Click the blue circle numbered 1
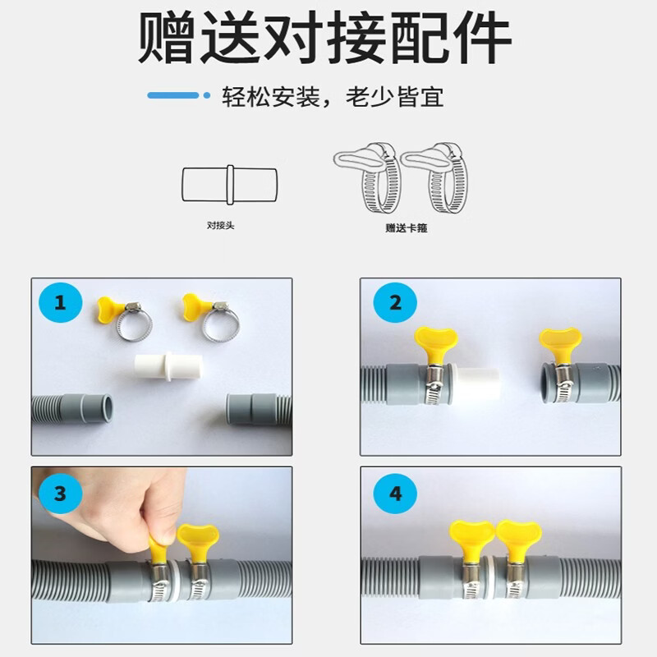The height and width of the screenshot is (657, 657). (x=60, y=302)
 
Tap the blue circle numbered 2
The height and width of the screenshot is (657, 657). (x=395, y=302)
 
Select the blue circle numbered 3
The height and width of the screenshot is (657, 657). (x=60, y=494)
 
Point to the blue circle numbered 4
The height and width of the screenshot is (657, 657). (x=395, y=494)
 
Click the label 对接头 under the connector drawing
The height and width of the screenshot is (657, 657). (x=221, y=225)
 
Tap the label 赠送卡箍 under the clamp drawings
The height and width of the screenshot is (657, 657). (x=407, y=228)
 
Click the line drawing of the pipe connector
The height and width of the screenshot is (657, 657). (x=230, y=184)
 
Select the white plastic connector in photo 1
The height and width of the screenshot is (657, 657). (x=168, y=366)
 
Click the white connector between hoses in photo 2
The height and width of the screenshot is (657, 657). (x=476, y=385)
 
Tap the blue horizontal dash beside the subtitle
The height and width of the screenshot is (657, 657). (x=173, y=95)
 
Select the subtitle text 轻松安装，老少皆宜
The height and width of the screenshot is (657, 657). (x=333, y=97)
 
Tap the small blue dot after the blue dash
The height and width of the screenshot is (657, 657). (x=207, y=95)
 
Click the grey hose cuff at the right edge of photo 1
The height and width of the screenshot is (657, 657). (x=250, y=409)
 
